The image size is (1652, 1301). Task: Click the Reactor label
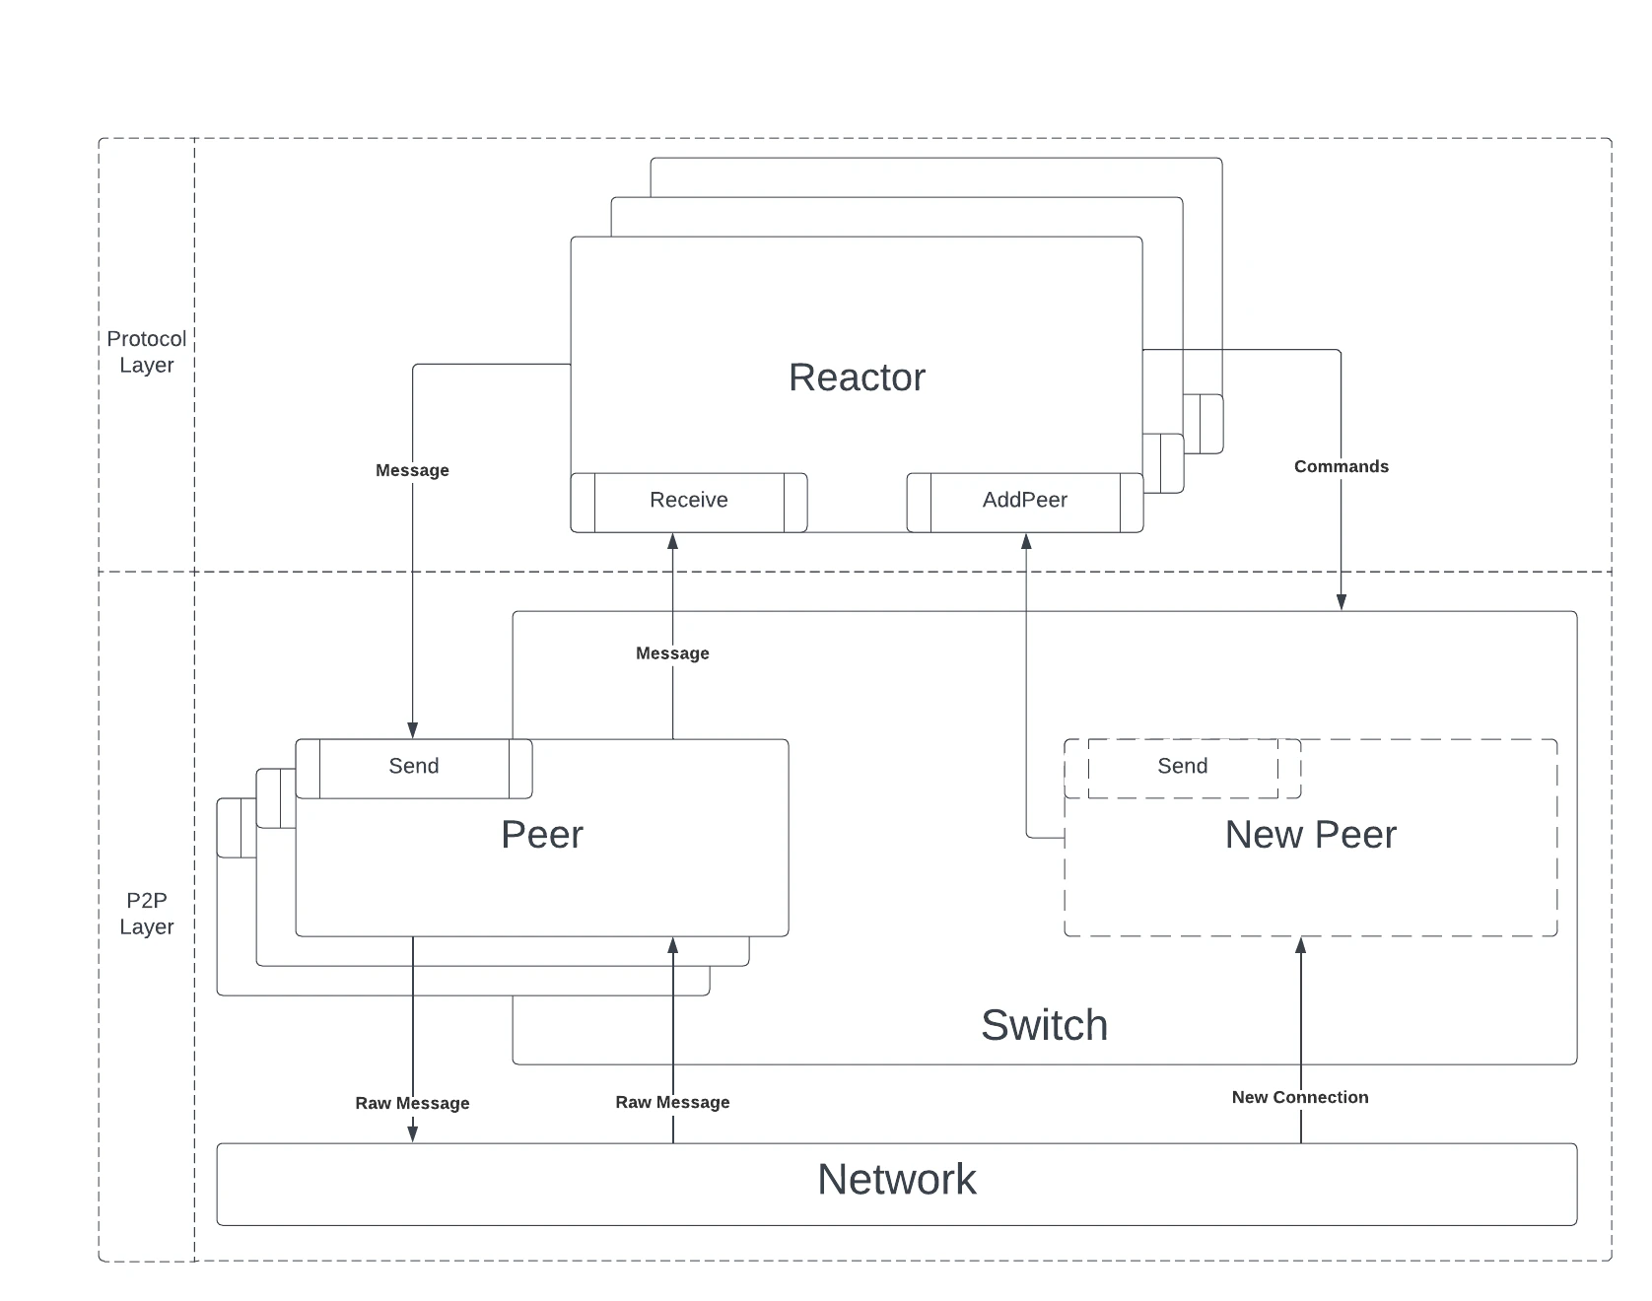pyautogui.click(x=857, y=377)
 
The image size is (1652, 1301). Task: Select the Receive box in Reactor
pyautogui.click(x=688, y=501)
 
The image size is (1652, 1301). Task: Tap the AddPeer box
pyautogui.click(x=1024, y=501)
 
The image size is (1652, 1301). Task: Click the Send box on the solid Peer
pyautogui.click(x=413, y=767)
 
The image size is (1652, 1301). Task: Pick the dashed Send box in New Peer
pyautogui.click(x=1182, y=767)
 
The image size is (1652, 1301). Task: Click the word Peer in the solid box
pyautogui.click(x=541, y=835)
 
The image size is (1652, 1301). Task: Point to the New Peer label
pyautogui.click(x=1310, y=835)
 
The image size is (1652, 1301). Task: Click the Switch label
pyautogui.click(x=1044, y=1025)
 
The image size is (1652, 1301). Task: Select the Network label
pyautogui.click(x=896, y=1180)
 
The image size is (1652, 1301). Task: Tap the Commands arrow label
pyautogui.click(x=1341, y=467)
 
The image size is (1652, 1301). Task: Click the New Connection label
pyautogui.click(x=1299, y=1098)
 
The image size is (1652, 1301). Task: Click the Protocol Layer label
pyautogui.click(x=146, y=352)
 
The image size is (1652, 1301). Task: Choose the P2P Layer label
pyautogui.click(x=146, y=914)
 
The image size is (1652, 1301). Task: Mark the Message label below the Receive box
pyautogui.click(x=672, y=653)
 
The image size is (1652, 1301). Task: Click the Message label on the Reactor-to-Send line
pyautogui.click(x=412, y=471)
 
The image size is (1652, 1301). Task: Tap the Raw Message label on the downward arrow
pyautogui.click(x=412, y=1104)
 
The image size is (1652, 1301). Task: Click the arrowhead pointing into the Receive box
pyautogui.click(x=672, y=541)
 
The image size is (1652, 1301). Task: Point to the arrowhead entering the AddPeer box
pyautogui.click(x=1026, y=541)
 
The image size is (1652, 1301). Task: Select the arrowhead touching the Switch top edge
pyautogui.click(x=1341, y=602)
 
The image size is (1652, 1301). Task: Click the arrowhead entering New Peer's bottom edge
pyautogui.click(x=1300, y=945)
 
